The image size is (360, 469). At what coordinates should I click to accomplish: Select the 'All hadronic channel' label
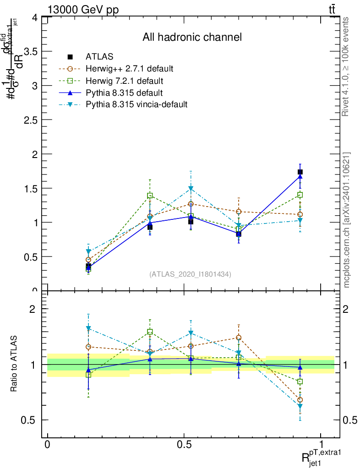[x=192, y=37]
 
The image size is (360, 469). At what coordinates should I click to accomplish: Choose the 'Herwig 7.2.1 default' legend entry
[x=125, y=81]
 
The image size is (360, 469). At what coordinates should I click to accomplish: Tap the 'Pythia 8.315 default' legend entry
[x=124, y=93]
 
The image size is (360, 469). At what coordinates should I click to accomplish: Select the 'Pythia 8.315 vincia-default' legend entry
[x=136, y=104]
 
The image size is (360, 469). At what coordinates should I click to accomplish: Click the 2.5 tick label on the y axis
[x=32, y=120]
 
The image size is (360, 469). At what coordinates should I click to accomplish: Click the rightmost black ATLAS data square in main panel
[x=300, y=172]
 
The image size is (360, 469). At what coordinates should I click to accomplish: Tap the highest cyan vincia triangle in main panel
[x=191, y=189]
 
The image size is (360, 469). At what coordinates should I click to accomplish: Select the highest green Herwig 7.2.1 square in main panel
[x=150, y=196]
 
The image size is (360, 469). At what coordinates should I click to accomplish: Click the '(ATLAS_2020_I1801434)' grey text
[x=190, y=274]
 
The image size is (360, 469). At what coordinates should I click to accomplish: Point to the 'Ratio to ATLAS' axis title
[x=14, y=364]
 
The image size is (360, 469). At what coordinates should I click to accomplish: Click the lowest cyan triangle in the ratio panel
[x=300, y=406]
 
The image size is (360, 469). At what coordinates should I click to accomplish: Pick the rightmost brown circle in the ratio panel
[x=300, y=400]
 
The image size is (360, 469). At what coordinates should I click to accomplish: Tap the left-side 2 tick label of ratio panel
[x=33, y=309]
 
